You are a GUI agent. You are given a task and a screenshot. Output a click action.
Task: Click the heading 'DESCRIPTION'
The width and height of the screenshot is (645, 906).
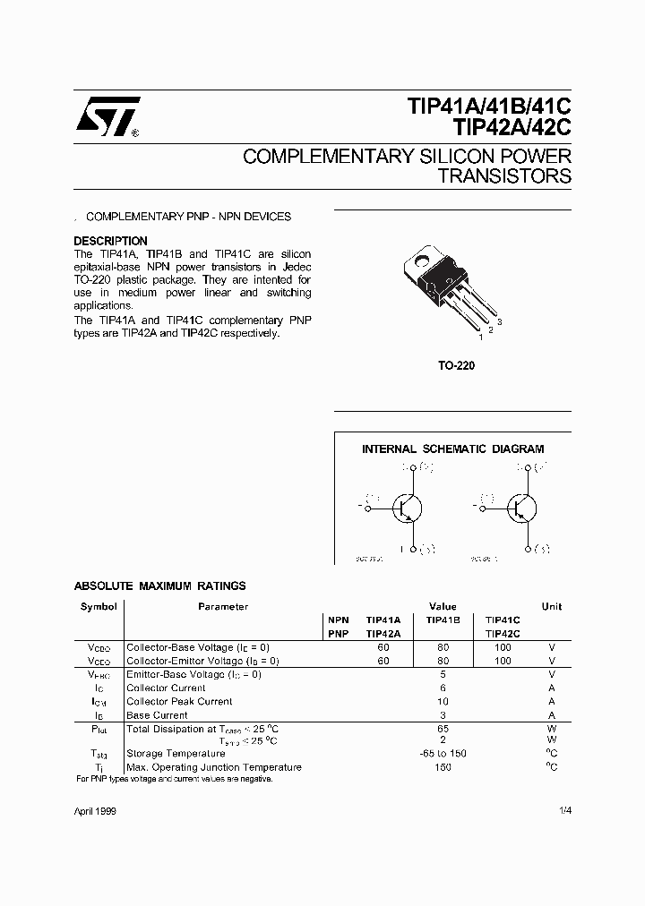(x=110, y=241)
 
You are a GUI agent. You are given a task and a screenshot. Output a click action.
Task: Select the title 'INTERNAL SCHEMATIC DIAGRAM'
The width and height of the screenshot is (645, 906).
(x=452, y=449)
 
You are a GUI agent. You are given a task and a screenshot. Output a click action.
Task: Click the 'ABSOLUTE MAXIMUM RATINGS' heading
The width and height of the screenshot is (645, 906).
(x=159, y=586)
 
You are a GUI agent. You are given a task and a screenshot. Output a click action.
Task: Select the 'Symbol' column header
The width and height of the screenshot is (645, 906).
(x=99, y=606)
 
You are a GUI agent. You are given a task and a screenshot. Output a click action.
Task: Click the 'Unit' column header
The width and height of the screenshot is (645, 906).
(x=552, y=606)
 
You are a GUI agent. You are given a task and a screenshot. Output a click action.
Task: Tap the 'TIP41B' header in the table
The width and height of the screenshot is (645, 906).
(x=443, y=620)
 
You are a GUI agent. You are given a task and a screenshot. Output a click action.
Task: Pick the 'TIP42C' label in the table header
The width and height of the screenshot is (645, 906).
(x=503, y=633)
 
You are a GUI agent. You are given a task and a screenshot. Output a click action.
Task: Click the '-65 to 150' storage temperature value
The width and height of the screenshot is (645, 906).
(x=443, y=754)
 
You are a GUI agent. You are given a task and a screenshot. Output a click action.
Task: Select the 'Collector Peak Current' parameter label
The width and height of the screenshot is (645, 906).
(x=179, y=702)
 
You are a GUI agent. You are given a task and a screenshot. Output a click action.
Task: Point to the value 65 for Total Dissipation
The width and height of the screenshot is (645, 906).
(x=443, y=730)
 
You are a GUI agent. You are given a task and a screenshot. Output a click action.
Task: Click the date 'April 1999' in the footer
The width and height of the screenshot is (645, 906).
(x=94, y=810)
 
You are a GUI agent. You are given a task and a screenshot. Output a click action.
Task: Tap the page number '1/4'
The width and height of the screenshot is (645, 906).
(x=564, y=810)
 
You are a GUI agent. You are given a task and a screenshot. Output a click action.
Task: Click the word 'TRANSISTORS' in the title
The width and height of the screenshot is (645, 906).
(x=504, y=175)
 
